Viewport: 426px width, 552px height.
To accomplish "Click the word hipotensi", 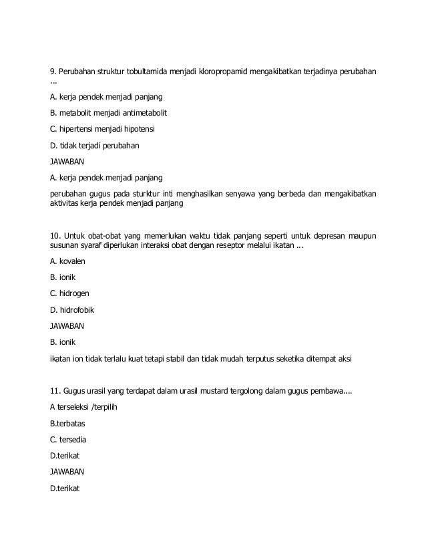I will (x=145, y=128).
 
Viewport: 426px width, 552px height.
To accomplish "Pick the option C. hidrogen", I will (x=70, y=293).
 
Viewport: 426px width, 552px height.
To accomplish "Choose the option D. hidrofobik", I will (x=73, y=309).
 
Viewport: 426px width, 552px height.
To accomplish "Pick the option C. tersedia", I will (x=69, y=440).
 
